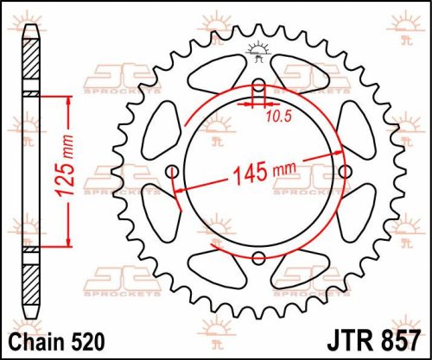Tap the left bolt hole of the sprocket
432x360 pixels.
[x=170, y=170]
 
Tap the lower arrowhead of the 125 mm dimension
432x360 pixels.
[x=67, y=243]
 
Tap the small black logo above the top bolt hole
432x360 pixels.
[x=257, y=52]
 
